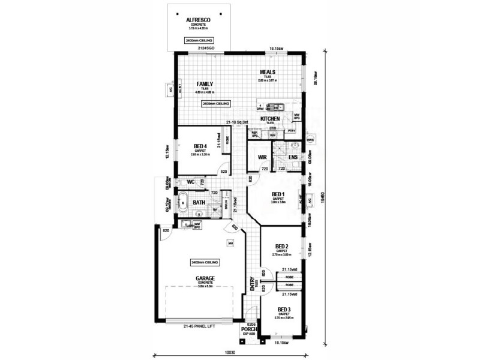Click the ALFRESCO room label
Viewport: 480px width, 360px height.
pyautogui.click(x=197, y=19)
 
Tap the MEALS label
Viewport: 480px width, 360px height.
pyautogui.click(x=268, y=73)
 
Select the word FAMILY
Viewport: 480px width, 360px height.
pyautogui.click(x=205, y=84)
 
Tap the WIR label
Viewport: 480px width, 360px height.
pyautogui.click(x=262, y=157)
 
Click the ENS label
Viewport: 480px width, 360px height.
pyautogui.click(x=293, y=157)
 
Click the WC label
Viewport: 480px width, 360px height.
pyautogui.click(x=190, y=181)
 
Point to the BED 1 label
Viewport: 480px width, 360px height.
pyautogui.click(x=278, y=194)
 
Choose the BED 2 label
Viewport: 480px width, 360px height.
pyautogui.click(x=282, y=247)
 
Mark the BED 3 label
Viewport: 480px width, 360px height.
pyautogui.click(x=283, y=310)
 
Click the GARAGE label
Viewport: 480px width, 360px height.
pyautogui.click(x=205, y=278)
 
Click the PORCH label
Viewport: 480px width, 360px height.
pyautogui.click(x=248, y=329)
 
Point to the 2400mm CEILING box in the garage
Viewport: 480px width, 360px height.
pyautogui.click(x=205, y=263)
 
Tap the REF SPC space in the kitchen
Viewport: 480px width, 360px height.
pyautogui.click(x=254, y=134)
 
